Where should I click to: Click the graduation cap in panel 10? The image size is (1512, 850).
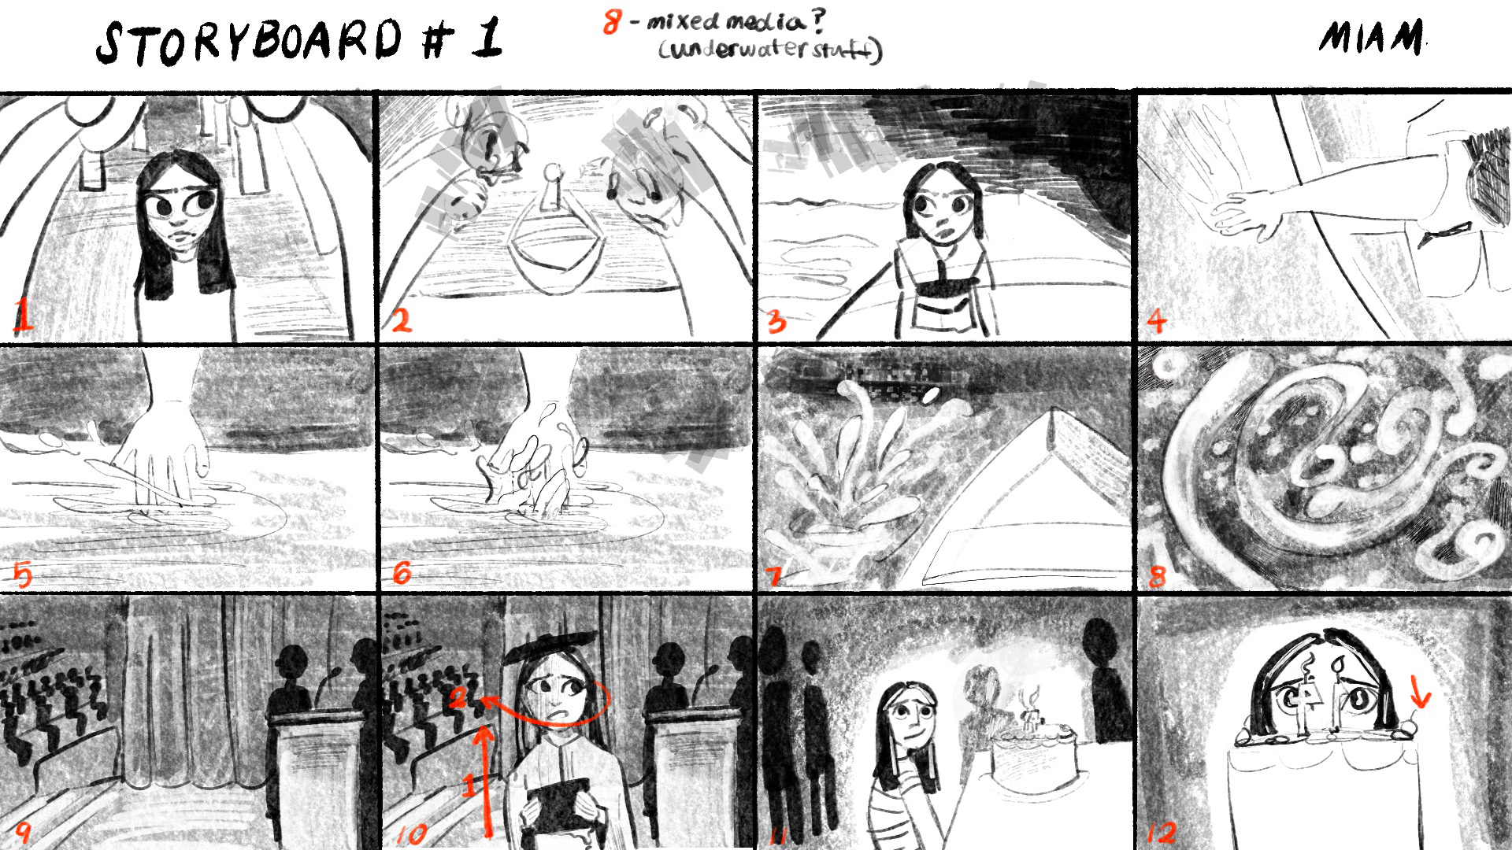[x=548, y=645]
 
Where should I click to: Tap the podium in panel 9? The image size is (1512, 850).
[x=315, y=775]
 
